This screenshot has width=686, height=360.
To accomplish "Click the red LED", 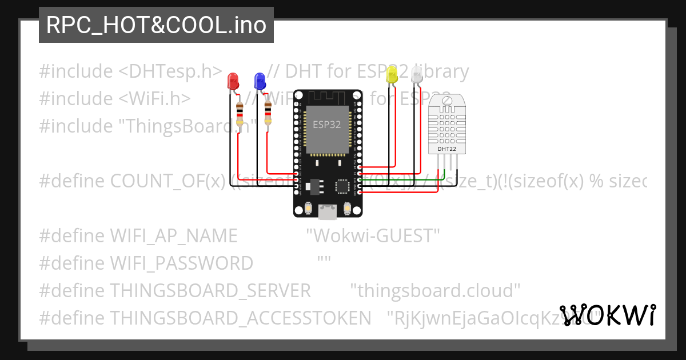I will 233,81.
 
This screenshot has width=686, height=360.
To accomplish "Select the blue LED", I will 260,81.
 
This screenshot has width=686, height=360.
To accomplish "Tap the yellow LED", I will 392,75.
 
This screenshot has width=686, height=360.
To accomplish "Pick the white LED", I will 417,75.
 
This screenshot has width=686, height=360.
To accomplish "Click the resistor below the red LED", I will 240,113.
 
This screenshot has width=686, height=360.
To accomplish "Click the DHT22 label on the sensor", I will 446,149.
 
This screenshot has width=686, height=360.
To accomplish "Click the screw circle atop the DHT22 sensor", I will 446,102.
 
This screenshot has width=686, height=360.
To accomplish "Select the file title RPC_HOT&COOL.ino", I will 156,25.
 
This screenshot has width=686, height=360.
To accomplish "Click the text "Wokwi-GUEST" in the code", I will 373,235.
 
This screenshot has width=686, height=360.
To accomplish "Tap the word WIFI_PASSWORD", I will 181,263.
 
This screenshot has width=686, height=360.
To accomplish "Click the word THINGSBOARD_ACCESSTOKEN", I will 240,318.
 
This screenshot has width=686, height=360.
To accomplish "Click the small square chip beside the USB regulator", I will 343,186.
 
